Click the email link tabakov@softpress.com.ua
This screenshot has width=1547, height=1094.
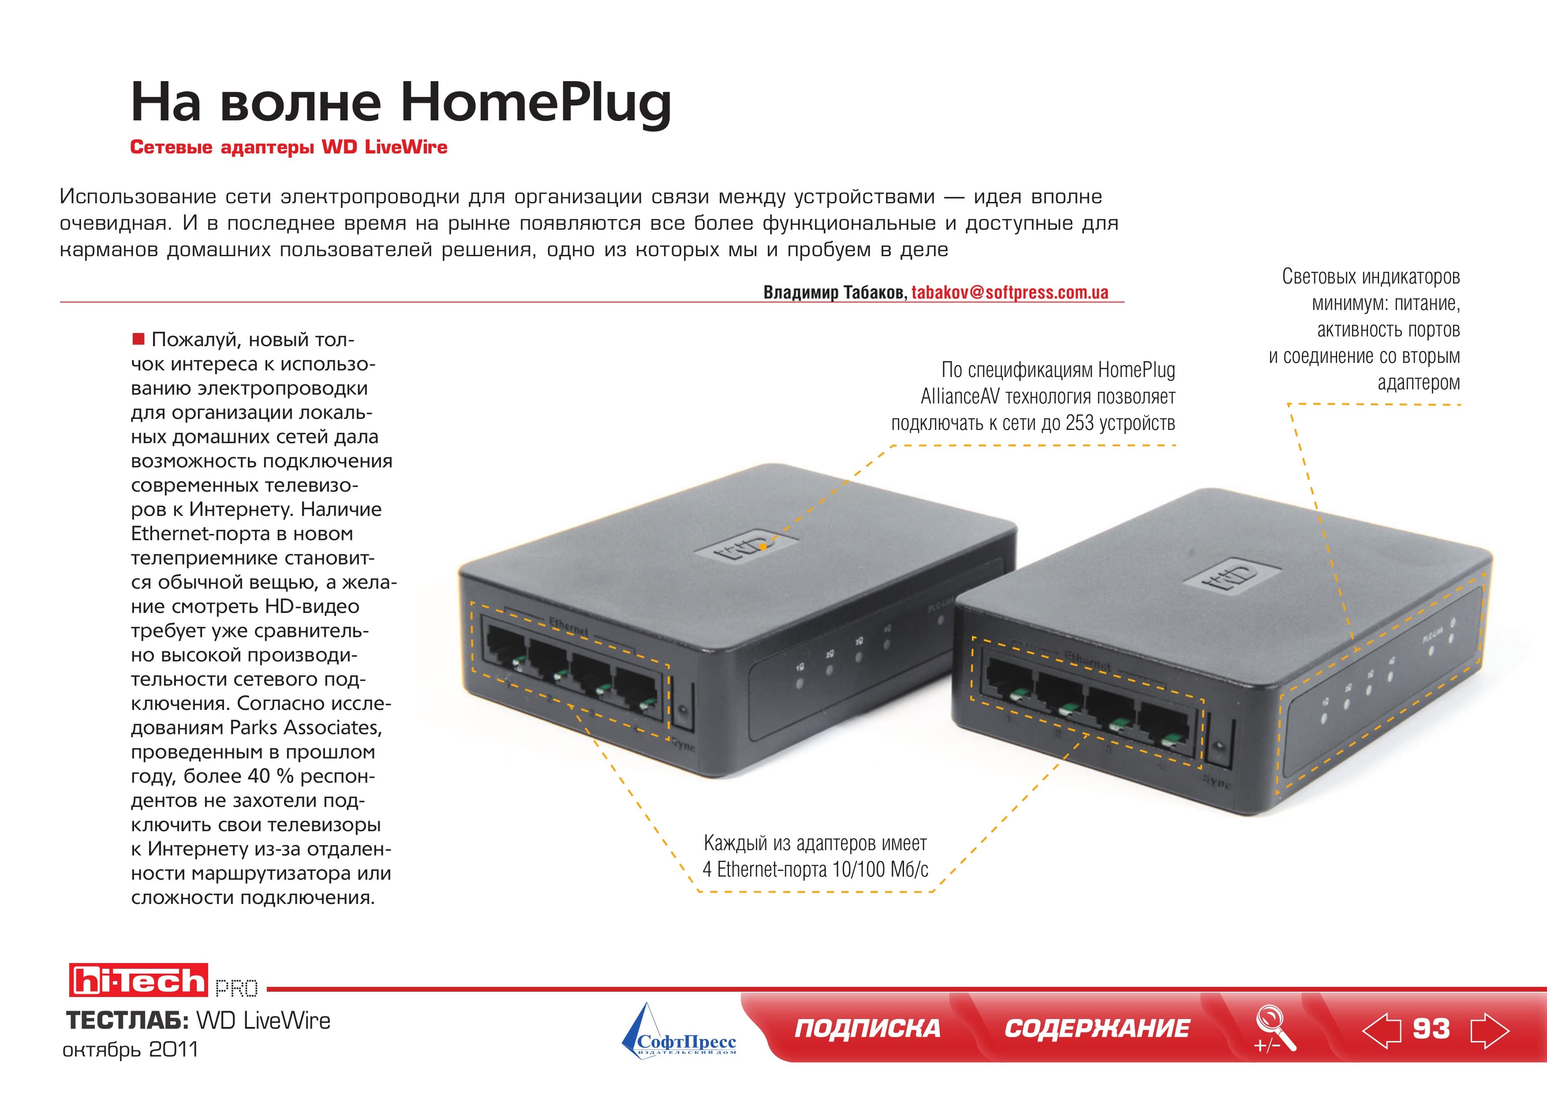(x=1010, y=292)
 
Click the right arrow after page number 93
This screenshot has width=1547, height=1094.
(x=1490, y=1030)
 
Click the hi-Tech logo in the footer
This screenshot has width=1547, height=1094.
(x=138, y=980)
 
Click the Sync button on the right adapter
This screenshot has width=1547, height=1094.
(x=1218, y=746)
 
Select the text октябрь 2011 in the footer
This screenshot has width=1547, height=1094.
(x=131, y=1049)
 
